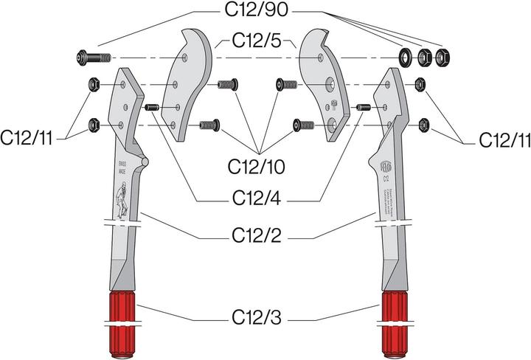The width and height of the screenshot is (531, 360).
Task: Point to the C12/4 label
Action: coord(257,198)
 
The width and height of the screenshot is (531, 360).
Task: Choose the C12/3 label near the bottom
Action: coord(257,320)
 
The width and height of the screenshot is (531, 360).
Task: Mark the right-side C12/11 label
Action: coord(504,139)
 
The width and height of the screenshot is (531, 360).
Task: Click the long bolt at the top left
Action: coord(91,57)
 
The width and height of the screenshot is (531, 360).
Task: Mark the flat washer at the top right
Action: coord(406,56)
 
